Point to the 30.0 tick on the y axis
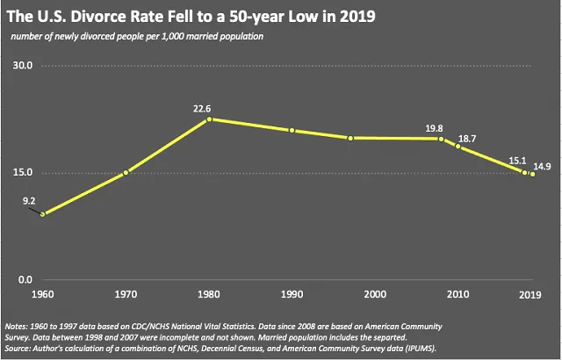click(22, 66)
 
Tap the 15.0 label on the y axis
click(22, 172)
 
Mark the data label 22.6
click(204, 109)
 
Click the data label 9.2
click(29, 201)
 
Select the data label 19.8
click(434, 129)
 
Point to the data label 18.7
click(467, 139)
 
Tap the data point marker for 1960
click(42, 213)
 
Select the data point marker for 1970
click(126, 172)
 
